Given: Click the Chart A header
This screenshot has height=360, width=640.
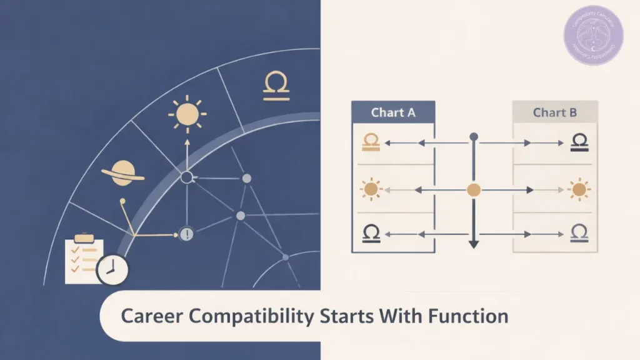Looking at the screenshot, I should click(393, 112).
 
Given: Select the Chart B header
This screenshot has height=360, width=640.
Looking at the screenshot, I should click(555, 112).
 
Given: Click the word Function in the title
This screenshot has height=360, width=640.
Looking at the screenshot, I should click(468, 316).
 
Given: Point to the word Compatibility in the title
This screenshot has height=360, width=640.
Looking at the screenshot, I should click(250, 316).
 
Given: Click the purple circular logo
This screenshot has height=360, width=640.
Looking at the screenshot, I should click(593, 36).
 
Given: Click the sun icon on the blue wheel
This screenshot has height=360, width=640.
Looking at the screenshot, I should click(187, 115).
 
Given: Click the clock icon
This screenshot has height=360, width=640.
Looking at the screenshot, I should click(112, 269).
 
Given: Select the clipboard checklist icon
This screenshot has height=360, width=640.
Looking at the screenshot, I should click(84, 259).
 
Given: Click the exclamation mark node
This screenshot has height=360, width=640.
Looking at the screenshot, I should click(187, 234).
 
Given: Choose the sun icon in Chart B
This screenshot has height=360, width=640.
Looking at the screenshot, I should click(579, 188).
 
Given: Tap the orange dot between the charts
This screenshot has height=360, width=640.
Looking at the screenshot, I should click(474, 189).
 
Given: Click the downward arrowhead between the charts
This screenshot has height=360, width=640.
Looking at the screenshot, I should click(474, 244).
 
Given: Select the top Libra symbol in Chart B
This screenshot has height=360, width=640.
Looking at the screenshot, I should click(579, 143).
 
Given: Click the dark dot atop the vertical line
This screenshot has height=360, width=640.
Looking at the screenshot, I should click(474, 136).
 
